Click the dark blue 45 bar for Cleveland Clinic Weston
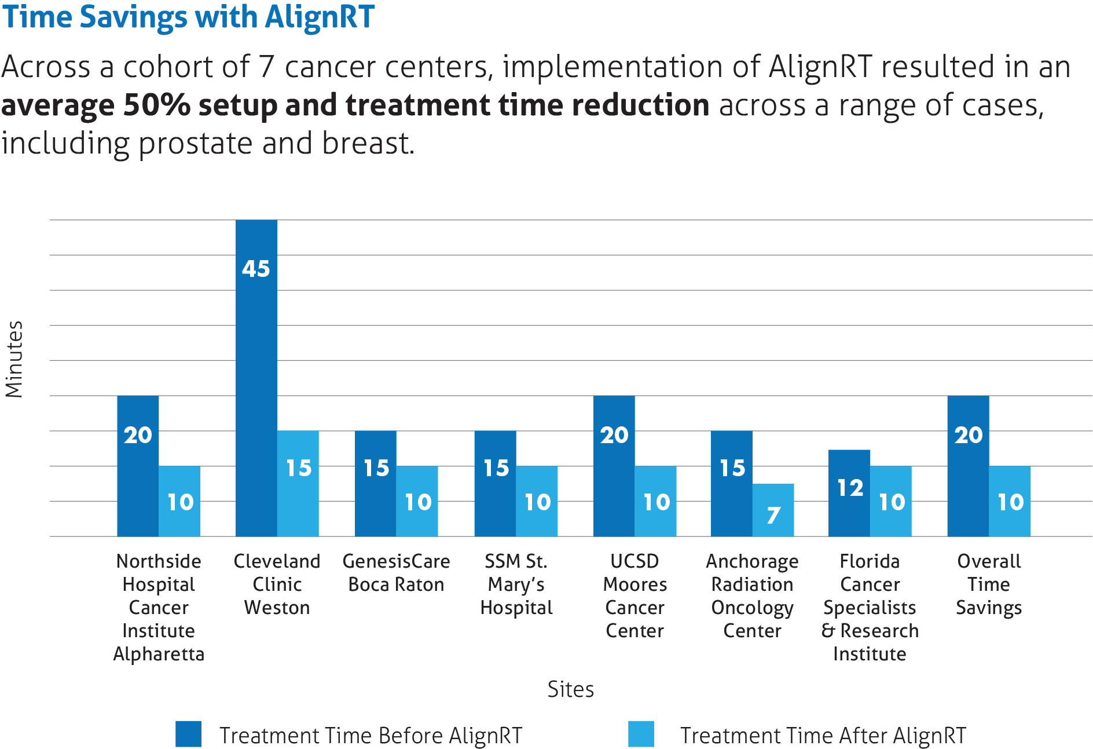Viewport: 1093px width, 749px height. tap(256, 377)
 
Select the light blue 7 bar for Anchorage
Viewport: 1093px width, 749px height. tap(773, 510)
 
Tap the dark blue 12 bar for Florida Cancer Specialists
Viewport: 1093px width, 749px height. tap(849, 492)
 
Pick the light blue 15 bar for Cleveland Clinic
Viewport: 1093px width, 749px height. tap(298, 484)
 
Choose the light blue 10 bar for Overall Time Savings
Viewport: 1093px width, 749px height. tap(1010, 501)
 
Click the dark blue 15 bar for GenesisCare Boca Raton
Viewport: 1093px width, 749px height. tap(376, 484)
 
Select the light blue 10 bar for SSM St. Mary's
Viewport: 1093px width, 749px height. tap(537, 501)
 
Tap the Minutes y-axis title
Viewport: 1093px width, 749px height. tap(14, 359)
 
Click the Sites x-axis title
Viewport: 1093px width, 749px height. tap(570, 689)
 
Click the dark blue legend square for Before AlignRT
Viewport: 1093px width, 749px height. tap(188, 734)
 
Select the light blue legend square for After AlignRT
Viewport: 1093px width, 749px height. tap(641, 734)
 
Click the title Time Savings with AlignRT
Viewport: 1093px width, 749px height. tap(188, 16)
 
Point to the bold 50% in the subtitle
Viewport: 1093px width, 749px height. tap(157, 105)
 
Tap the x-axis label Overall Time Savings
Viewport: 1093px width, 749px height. tap(989, 584)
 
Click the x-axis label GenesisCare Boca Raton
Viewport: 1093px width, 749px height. tap(396, 572)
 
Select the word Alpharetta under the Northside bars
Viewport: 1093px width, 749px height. tap(159, 654)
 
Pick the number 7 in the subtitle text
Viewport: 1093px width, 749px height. tap(266, 67)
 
